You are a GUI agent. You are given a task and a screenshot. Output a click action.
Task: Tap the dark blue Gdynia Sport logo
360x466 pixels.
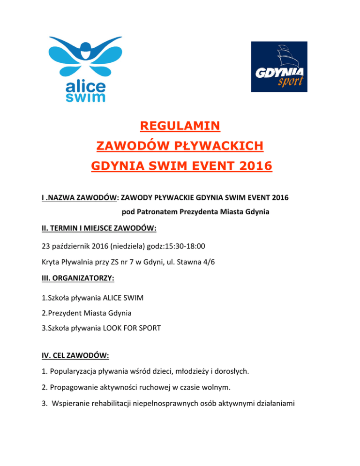279,67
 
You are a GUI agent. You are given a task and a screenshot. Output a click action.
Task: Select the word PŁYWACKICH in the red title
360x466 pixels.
219,148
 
